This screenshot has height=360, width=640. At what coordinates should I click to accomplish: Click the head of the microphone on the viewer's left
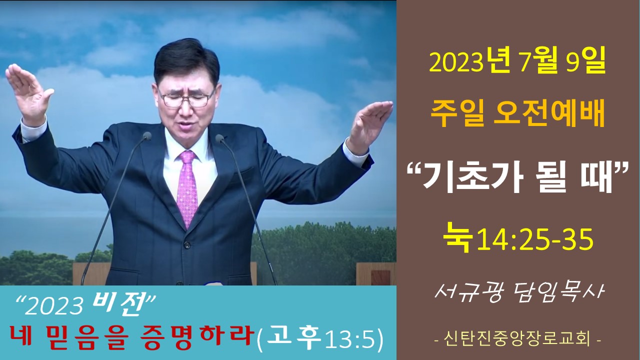click(x=147, y=135)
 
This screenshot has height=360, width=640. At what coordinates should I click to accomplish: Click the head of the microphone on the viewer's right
click(x=219, y=138)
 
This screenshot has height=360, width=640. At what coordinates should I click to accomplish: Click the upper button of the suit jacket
click(x=187, y=245)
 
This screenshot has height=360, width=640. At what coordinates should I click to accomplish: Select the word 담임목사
click(x=557, y=293)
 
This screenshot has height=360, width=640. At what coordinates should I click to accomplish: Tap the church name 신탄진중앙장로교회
click(x=517, y=339)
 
